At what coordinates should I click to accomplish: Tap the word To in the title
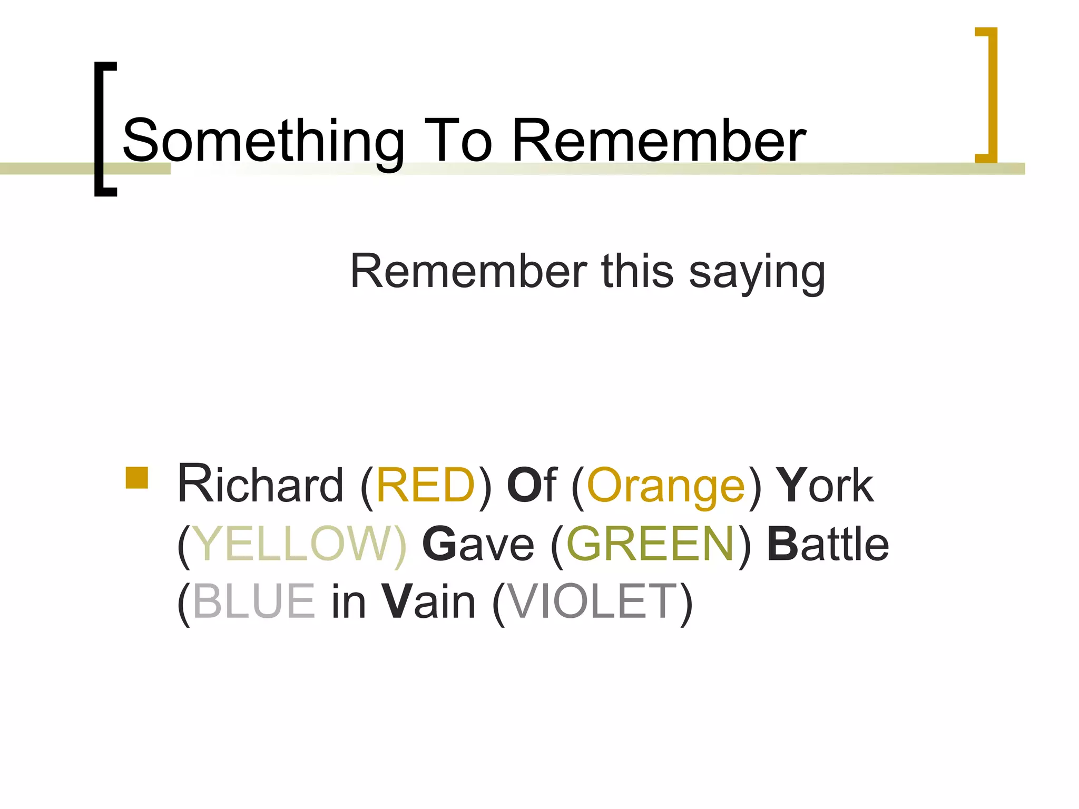point(457,140)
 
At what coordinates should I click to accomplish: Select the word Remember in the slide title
point(659,140)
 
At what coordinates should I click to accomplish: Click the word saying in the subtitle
point(757,273)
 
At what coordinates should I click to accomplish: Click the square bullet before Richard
point(137,478)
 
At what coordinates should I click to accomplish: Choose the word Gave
point(478,544)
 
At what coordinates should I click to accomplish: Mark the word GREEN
point(650,544)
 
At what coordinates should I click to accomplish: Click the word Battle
point(828,544)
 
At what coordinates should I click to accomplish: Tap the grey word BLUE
point(254,601)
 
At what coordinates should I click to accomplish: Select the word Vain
point(428,601)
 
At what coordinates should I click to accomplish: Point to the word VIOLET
point(591,601)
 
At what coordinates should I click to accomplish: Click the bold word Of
point(531,485)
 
